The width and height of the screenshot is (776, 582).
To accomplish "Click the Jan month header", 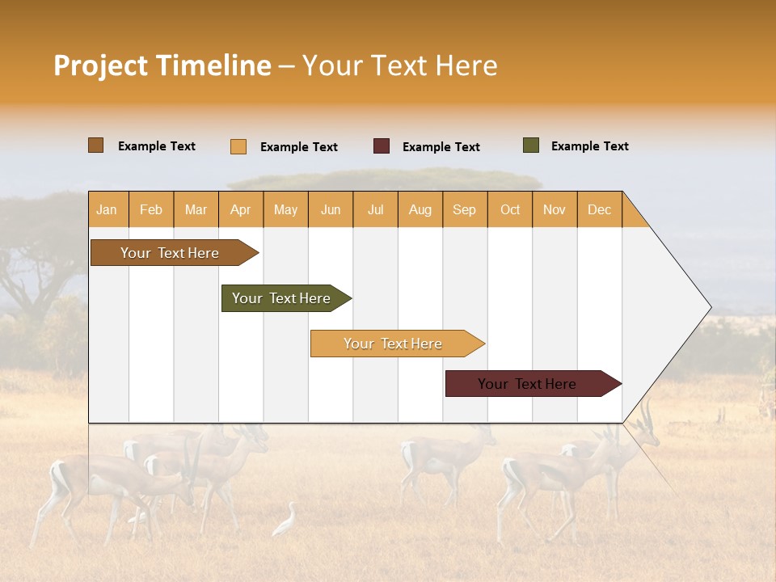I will point(108,209).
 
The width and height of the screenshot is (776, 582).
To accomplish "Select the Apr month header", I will point(241,209).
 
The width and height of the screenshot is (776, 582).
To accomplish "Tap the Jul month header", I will point(375,209).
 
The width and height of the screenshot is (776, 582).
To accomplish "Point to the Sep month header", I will point(465,209).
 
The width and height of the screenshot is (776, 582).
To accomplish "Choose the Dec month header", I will point(599,209).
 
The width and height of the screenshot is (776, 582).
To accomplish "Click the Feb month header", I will point(151,209).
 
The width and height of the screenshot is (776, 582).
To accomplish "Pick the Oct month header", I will point(510,209).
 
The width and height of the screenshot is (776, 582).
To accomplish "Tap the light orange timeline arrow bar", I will point(394,344).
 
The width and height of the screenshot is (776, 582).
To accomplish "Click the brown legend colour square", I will point(96,145).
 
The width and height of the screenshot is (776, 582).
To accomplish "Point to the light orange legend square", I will point(238,146).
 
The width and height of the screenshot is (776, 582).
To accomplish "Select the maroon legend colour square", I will point(382,146).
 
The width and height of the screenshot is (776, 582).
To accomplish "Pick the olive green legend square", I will point(531,145).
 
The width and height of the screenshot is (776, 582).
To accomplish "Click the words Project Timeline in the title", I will point(162,65).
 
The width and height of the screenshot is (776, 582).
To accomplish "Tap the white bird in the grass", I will point(285,521).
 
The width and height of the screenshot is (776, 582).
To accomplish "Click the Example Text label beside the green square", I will point(589,146).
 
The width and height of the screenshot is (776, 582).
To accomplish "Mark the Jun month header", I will point(331,209).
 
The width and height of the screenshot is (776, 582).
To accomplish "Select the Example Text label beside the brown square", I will point(157,146).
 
